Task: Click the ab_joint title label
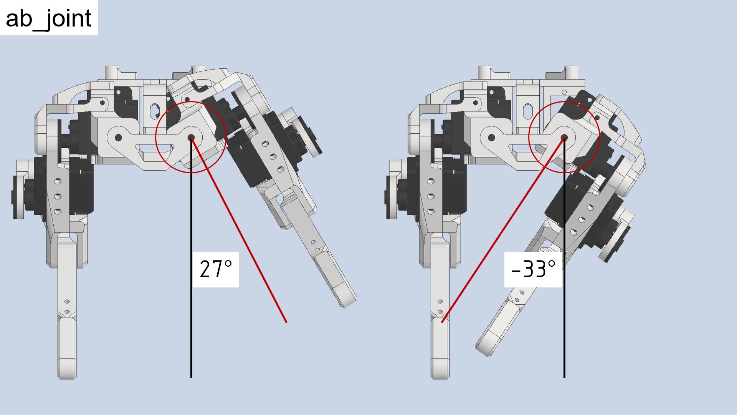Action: point(49,18)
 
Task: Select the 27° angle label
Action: point(216,269)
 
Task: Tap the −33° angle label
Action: point(534,269)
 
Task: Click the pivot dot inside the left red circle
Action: point(191,138)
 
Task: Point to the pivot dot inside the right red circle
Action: point(564,137)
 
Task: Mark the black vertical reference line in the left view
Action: point(191,257)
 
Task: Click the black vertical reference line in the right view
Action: point(564,257)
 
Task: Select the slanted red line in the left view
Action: point(239,230)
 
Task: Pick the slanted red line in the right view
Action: point(503,230)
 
